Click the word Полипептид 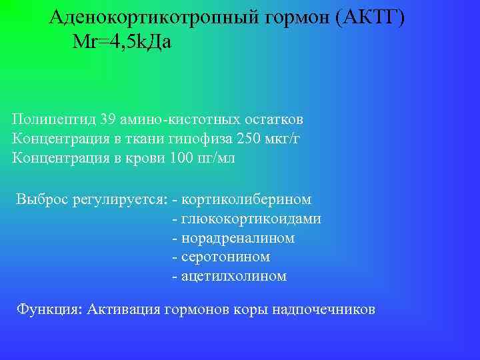point(53,120)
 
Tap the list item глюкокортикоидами point(251,219)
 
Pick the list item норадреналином point(237,238)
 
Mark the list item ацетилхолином point(233,276)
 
